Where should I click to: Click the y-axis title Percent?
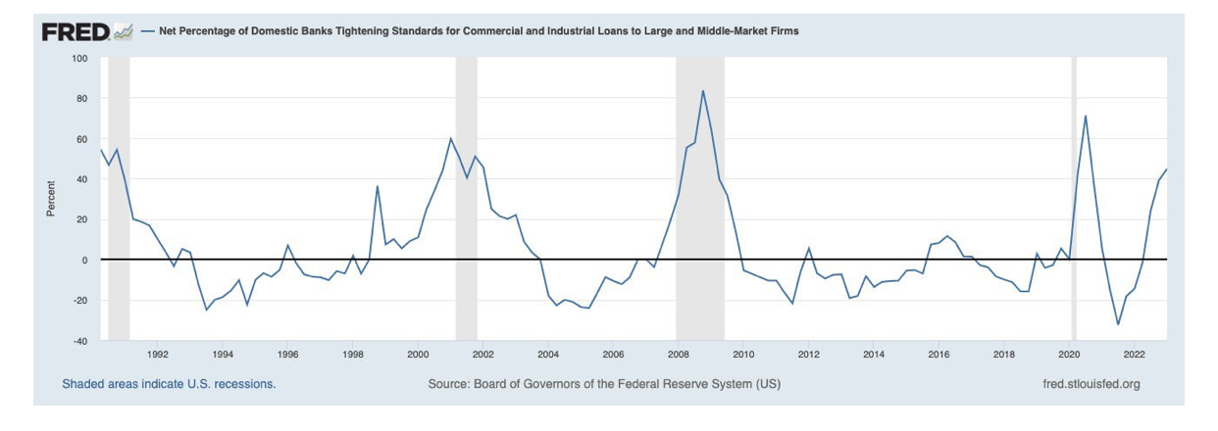point(51,199)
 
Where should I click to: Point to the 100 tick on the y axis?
point(80,59)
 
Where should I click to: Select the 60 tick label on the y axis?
point(82,139)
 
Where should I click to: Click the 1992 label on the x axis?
point(158,355)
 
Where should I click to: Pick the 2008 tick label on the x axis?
point(678,355)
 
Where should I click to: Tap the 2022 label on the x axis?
point(1135,355)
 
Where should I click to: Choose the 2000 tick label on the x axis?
point(418,355)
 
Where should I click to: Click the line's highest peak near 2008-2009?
point(703,91)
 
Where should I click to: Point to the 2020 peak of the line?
point(1086,116)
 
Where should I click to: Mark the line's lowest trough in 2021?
point(1118,324)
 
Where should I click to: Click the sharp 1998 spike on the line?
point(378,186)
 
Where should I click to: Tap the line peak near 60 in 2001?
point(450,138)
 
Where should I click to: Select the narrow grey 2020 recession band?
point(1074,196)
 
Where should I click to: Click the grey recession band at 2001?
point(466,196)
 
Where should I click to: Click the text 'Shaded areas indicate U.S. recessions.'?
point(169,384)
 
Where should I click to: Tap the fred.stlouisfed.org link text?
point(1091,384)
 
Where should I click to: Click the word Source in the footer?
point(450,384)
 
